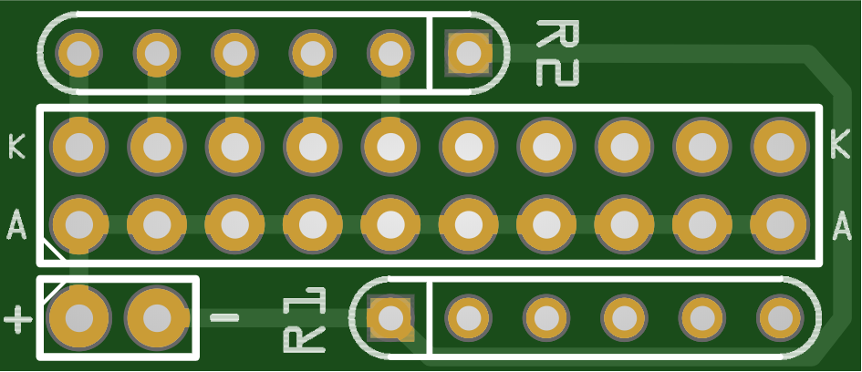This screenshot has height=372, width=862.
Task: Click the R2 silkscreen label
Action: click(x=557, y=53)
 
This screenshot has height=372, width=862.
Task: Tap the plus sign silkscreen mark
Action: click(x=17, y=320)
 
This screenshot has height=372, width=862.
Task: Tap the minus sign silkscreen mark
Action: click(x=224, y=317)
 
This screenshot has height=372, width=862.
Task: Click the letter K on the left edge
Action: click(x=16, y=146)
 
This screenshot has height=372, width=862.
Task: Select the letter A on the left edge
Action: click(x=16, y=223)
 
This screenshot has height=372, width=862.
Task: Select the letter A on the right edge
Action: click(x=843, y=222)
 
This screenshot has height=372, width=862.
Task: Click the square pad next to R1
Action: click(x=390, y=317)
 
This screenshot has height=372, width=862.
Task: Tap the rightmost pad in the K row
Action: click(x=780, y=145)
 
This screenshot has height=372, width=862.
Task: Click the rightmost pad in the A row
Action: click(x=780, y=223)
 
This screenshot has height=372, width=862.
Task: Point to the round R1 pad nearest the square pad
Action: click(x=468, y=317)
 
